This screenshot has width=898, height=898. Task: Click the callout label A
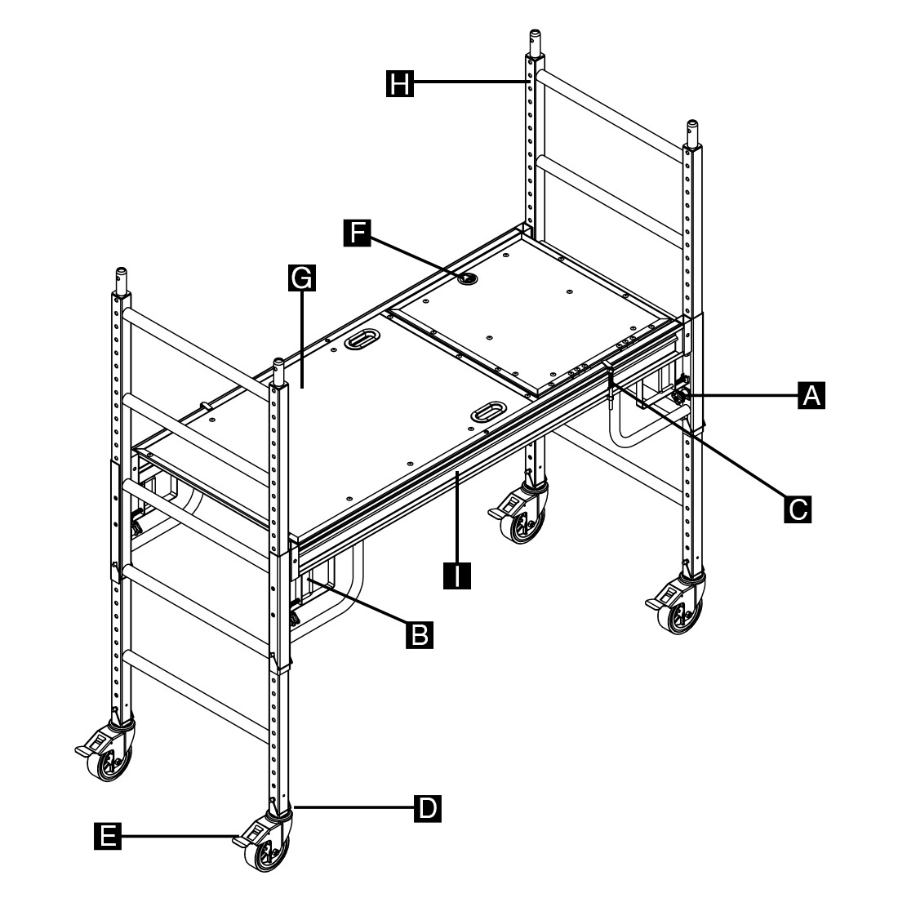(x=811, y=395)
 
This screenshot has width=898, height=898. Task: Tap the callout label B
(x=420, y=634)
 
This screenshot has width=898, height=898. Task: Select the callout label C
(x=798, y=509)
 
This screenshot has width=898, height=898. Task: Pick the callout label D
(x=427, y=808)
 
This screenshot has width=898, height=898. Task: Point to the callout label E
(x=108, y=836)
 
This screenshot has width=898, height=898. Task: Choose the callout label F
(x=358, y=233)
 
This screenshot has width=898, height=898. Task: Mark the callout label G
(x=302, y=278)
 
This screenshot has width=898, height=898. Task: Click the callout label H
(x=400, y=83)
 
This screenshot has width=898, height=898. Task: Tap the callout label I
(x=457, y=576)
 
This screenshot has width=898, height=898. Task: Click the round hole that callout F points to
(x=469, y=278)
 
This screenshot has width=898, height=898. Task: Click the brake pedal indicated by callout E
(x=246, y=838)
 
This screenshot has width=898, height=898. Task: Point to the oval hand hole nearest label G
(x=362, y=339)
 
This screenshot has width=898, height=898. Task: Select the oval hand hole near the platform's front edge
(x=488, y=411)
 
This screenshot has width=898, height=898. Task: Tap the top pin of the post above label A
(x=691, y=133)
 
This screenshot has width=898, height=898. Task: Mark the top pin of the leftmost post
(x=121, y=281)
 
